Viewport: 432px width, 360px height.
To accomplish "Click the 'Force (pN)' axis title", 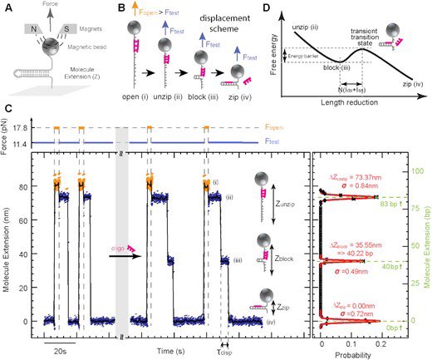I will [x=7, y=134].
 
